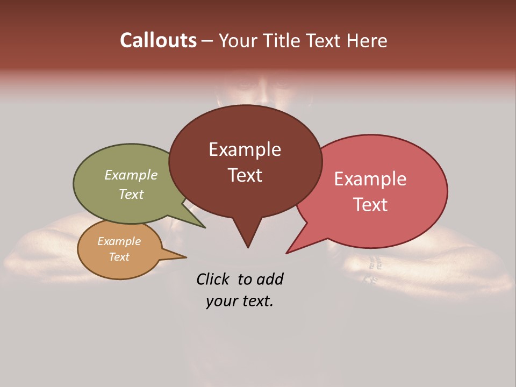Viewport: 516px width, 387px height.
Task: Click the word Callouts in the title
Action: (158, 40)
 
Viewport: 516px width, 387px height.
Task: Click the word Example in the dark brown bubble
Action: (245, 149)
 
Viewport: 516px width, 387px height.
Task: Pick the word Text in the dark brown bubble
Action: (245, 175)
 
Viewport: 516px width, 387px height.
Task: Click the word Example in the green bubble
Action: (131, 175)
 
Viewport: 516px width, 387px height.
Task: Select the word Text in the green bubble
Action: (131, 194)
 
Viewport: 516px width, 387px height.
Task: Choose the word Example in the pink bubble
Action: (370, 179)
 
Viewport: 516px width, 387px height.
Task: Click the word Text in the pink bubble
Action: (370, 205)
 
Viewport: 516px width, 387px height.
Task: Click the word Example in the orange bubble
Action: (119, 241)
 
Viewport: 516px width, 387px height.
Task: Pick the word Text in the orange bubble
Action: (119, 257)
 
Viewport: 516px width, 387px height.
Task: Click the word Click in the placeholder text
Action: (214, 279)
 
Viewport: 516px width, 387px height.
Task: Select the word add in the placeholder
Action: (270, 279)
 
